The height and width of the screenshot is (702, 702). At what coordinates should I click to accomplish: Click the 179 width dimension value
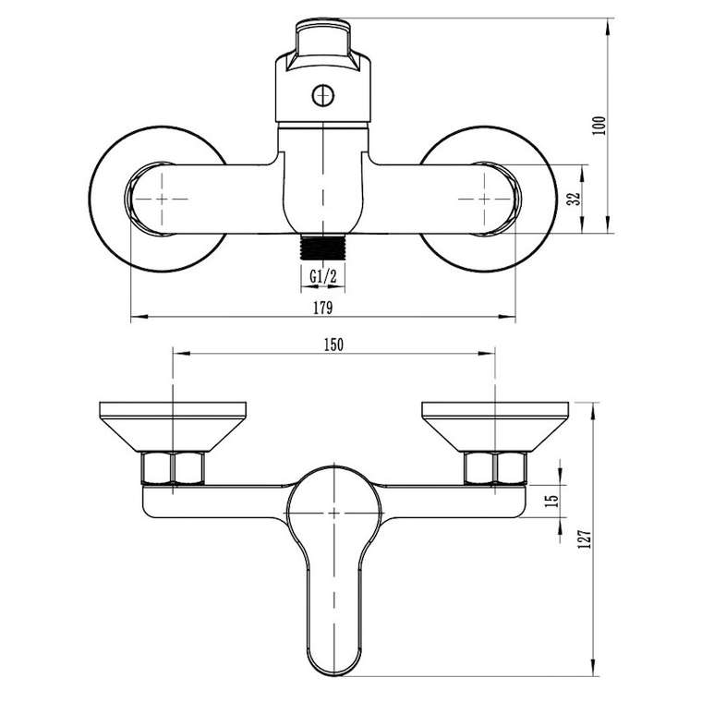click(x=322, y=308)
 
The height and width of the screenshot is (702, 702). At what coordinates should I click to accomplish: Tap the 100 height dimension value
click(x=599, y=126)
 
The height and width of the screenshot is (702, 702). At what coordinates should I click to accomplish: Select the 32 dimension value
click(x=574, y=199)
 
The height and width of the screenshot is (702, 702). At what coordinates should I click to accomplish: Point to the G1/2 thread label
click(x=322, y=277)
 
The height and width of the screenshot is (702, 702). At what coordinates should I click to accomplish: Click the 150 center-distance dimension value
click(x=333, y=345)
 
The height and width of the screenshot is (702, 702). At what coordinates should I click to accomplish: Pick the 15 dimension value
click(x=553, y=500)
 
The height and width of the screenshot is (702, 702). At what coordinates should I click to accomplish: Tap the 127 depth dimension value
click(x=586, y=539)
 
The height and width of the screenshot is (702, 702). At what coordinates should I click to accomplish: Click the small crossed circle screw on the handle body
click(x=322, y=95)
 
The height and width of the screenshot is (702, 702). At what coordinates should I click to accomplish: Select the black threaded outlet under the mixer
click(x=323, y=247)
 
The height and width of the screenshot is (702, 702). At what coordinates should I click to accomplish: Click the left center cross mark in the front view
click(x=162, y=199)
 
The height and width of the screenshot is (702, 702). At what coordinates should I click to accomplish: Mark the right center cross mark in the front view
click(x=484, y=199)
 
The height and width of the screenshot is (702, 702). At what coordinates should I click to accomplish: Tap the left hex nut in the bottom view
click(x=173, y=468)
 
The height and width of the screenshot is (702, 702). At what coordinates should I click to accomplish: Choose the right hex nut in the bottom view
click(x=495, y=468)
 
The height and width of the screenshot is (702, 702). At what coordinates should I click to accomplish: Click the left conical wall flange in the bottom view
click(x=173, y=426)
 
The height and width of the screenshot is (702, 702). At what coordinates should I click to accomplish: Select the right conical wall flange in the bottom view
click(x=495, y=426)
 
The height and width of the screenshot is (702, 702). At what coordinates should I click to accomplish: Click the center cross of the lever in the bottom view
click(x=334, y=513)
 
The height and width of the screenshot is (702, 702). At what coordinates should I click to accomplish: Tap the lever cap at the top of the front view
click(x=322, y=44)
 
